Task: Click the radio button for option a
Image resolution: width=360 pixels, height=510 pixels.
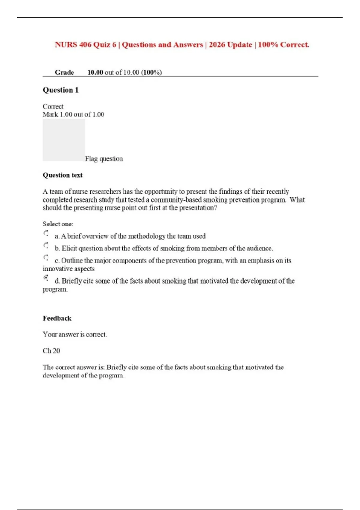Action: pos(46,233)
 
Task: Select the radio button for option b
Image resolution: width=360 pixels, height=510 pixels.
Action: pos(46,245)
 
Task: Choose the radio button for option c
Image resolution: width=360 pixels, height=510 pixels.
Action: pos(46,257)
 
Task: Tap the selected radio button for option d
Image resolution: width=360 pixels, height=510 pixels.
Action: pos(46,278)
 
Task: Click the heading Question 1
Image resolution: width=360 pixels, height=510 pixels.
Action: pos(61,90)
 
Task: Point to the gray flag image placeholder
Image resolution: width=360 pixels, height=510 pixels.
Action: pos(64,140)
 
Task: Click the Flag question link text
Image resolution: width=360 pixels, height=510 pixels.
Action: pos(104,159)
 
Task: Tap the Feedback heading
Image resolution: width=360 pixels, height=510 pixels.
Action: pos(57,318)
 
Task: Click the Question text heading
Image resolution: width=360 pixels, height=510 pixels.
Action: pos(62,175)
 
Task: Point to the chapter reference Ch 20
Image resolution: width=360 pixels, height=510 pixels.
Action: pos(51,351)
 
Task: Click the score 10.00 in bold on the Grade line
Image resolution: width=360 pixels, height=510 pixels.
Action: pos(95,72)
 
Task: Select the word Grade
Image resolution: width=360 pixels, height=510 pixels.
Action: pos(64,72)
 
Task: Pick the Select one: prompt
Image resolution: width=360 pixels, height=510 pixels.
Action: pos(58,224)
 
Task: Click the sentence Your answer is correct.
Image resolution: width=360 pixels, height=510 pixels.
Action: pos(75,334)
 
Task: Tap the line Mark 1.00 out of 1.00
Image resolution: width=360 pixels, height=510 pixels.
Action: pos(73,115)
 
